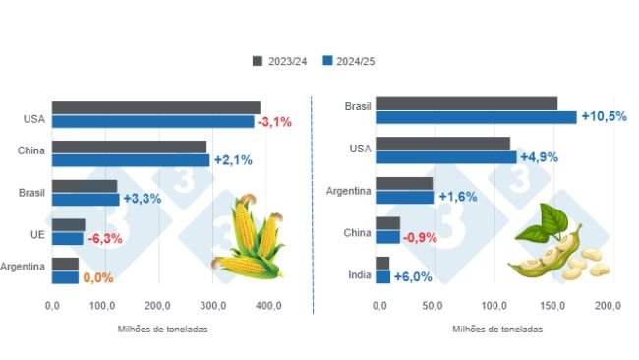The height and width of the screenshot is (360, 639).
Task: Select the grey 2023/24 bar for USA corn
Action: coord(156,107)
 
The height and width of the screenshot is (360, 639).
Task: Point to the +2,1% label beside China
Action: coord(232,160)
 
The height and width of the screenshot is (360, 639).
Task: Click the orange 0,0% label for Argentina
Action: coord(98,278)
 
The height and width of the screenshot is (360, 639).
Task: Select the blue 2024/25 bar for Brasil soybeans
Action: coord(477,117)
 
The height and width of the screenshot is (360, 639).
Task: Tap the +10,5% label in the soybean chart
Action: coord(605,116)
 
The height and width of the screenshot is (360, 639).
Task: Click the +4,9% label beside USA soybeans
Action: coord(541,156)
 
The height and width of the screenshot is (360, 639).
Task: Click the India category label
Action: coord(358,274)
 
